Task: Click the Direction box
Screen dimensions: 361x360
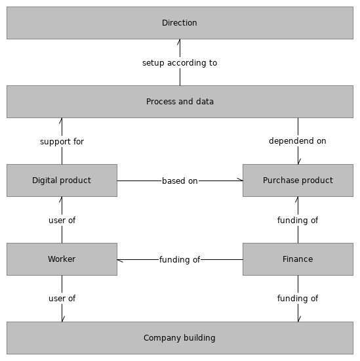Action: [x=180, y=23]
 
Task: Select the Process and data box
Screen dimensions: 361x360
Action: [x=180, y=102]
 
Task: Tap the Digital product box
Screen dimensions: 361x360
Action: [x=62, y=180]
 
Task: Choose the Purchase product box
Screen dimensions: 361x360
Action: [x=298, y=180]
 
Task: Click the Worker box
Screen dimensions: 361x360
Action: [x=62, y=259]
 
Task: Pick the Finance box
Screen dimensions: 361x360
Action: [x=298, y=259]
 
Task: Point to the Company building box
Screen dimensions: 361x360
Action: [x=180, y=338]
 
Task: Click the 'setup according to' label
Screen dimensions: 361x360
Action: [x=180, y=63]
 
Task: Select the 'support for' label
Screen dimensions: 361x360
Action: [x=62, y=142]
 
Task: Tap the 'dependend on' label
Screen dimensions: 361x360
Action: [x=298, y=141]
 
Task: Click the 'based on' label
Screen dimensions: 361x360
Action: [x=180, y=181]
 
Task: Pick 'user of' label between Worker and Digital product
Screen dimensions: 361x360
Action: [x=62, y=221]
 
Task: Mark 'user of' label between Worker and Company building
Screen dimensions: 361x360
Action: [x=62, y=299]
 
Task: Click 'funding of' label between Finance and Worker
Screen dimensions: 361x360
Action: [x=180, y=260]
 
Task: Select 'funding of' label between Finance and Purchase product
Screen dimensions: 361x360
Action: [x=298, y=221]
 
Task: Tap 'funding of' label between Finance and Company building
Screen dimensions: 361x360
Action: [x=298, y=299]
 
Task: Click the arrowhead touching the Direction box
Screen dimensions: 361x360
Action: [x=180, y=43]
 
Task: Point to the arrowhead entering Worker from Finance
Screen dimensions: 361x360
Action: [x=120, y=260]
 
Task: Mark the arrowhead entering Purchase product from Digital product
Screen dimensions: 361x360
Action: [x=239, y=180]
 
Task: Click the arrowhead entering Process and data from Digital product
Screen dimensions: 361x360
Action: [x=62, y=121]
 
